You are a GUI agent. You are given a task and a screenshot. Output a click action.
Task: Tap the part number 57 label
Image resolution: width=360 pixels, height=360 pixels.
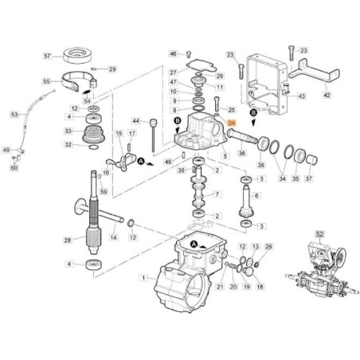[47, 57]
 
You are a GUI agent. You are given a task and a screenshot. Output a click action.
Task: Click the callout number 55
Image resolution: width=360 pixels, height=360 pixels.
[47, 81]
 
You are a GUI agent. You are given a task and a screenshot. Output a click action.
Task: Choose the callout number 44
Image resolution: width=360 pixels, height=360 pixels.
[135, 122]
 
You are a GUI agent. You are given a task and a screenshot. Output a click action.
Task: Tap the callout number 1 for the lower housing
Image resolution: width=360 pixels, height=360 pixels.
[144, 278]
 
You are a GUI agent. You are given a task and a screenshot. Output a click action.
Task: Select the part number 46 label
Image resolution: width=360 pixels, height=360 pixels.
[173, 53]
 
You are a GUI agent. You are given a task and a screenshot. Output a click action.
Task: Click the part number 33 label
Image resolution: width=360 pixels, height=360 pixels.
[68, 131]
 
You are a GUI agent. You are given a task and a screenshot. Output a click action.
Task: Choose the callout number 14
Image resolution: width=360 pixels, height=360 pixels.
[112, 238]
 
